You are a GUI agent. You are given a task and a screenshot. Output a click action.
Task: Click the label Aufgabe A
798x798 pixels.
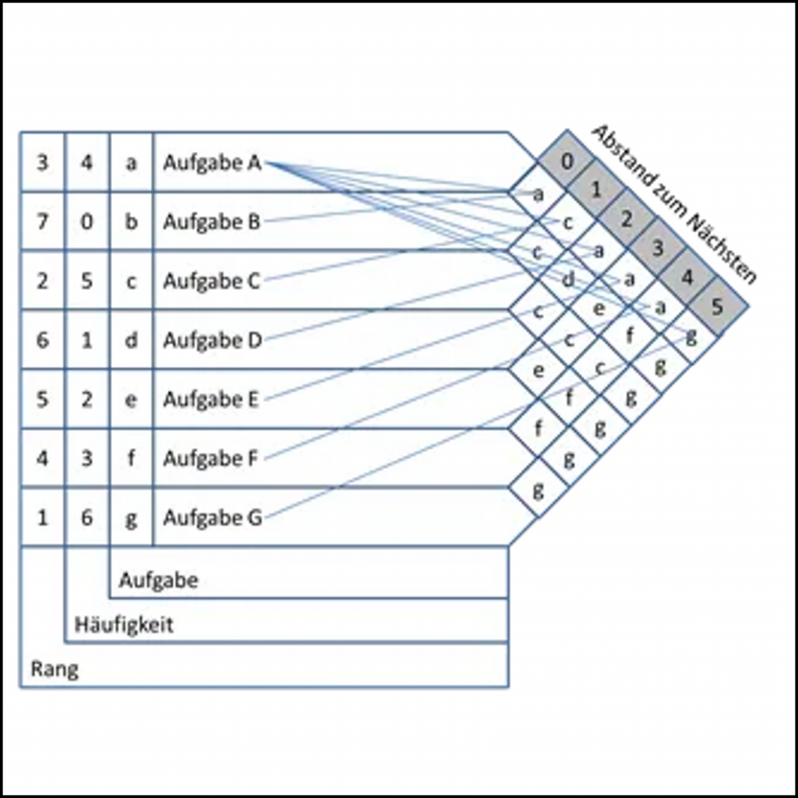[212, 163]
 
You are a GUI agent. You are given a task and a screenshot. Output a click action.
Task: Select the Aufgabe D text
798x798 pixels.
[212, 340]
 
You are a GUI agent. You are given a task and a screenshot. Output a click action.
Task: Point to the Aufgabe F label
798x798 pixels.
[210, 458]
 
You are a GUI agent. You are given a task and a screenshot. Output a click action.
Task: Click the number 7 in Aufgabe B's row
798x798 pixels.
[42, 221]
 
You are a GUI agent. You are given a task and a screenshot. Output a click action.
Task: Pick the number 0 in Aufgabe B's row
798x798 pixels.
[87, 221]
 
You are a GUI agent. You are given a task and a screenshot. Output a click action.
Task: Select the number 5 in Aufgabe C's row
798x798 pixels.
[87, 281]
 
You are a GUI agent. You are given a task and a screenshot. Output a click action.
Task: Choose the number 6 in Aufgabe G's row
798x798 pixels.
[87, 517]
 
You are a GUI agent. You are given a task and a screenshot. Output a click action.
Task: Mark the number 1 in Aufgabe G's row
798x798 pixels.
[42, 517]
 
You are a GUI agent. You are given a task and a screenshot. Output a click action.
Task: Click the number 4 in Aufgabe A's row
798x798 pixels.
[87, 163]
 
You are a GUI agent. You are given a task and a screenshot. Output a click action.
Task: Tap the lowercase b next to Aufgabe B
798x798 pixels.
[131, 221]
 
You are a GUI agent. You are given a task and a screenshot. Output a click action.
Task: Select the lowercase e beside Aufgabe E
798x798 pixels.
[131, 399]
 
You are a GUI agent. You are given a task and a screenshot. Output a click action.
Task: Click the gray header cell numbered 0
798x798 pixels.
[567, 161]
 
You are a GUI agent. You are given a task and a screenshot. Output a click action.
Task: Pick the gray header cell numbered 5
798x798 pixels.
[717, 306]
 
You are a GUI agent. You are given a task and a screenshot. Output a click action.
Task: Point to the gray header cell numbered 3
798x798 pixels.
[657, 249]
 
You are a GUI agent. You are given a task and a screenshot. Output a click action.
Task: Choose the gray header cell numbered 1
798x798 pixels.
[596, 189]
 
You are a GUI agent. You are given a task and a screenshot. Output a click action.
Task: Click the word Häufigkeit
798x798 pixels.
[124, 624]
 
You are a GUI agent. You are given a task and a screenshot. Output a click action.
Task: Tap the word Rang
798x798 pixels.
[55, 669]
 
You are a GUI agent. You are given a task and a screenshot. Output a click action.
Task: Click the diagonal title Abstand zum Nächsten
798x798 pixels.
[673, 204]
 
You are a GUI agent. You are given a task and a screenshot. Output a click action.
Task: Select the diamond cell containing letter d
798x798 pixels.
[568, 278]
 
